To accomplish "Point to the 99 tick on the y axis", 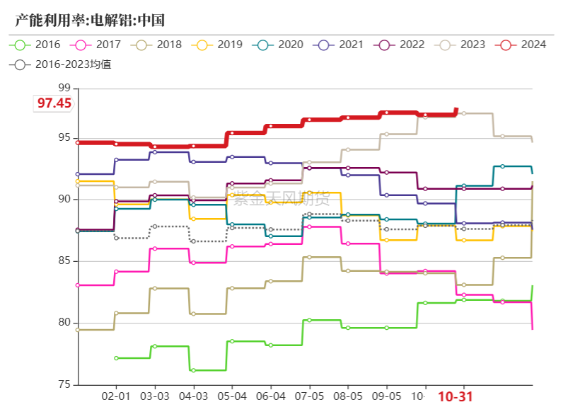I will click(64, 88).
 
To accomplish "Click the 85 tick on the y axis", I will click(64, 261).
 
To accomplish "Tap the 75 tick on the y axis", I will click(64, 385).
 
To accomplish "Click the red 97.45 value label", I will click(54, 103).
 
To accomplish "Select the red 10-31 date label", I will click(455, 397).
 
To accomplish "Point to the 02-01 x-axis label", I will click(116, 396).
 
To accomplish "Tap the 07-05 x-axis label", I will click(309, 396).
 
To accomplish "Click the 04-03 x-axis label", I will click(193, 396).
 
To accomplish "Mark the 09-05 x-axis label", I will click(386, 396).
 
